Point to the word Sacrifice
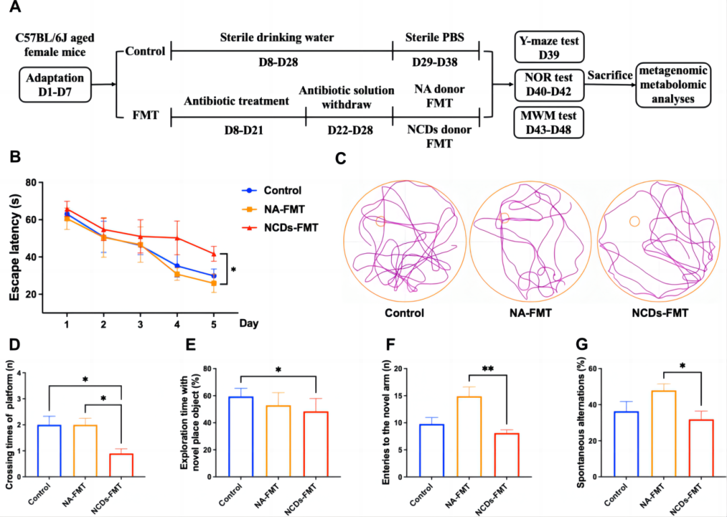tap(609, 75)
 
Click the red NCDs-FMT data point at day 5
tap(214, 254)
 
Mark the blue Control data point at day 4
tap(177, 266)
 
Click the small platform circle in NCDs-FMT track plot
tap(634, 221)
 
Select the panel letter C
tap(341, 160)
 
